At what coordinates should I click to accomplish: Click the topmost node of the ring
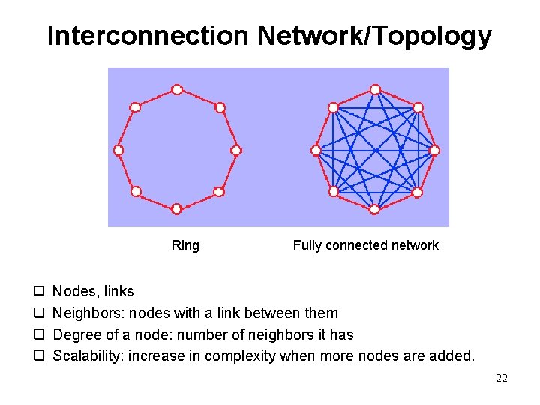click(x=177, y=90)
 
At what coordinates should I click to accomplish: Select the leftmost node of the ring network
click(x=118, y=150)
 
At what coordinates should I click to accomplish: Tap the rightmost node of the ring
click(x=235, y=151)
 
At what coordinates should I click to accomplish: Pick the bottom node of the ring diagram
click(x=176, y=208)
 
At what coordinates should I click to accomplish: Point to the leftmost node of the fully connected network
click(x=316, y=151)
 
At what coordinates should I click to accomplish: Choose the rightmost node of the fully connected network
click(x=434, y=151)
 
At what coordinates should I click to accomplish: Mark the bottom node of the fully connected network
click(x=375, y=209)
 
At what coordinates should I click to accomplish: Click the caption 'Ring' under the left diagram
click(x=185, y=245)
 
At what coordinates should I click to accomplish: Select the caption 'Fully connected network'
click(x=365, y=245)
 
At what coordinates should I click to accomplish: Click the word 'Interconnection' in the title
click(x=148, y=36)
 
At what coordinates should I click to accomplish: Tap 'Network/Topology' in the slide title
click(x=374, y=36)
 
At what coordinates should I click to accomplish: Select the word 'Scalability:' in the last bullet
click(x=88, y=355)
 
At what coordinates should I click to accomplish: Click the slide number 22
click(x=502, y=378)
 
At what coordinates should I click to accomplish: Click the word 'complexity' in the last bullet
click(x=241, y=355)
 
